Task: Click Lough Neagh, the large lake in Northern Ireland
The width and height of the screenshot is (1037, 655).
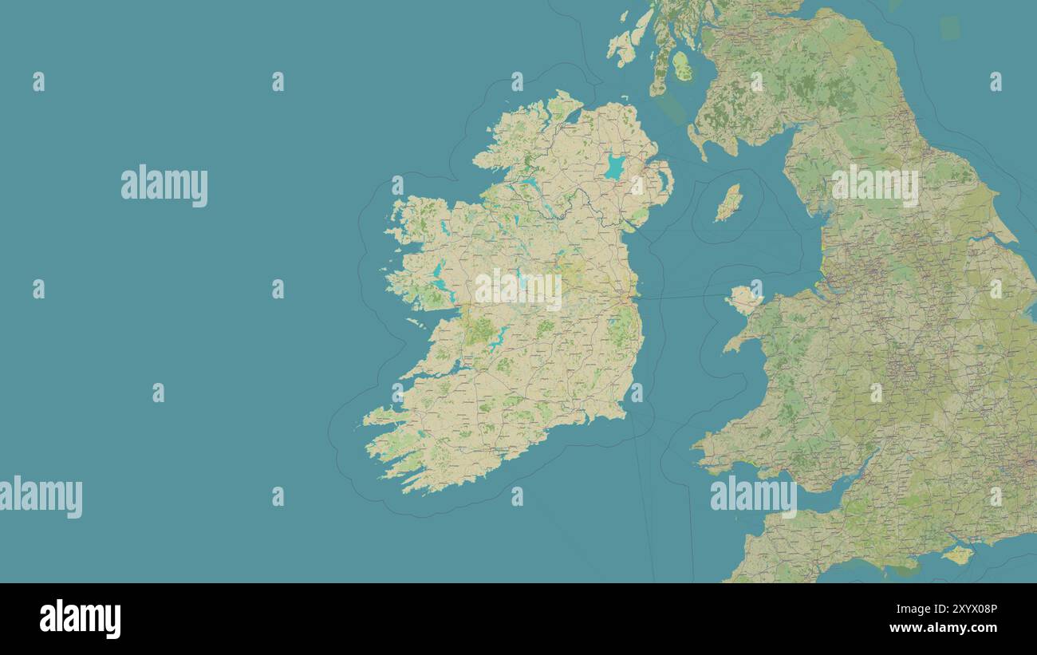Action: [614, 167]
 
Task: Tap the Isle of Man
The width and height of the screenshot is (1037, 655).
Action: [727, 203]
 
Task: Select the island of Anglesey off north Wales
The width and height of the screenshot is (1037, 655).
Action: [743, 299]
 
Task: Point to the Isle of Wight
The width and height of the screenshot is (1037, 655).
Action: [957, 554]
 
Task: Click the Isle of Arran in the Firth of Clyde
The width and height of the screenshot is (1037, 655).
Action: [681, 66]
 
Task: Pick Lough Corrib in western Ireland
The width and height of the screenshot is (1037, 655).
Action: [440, 275]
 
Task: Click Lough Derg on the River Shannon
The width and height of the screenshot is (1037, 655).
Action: [496, 338]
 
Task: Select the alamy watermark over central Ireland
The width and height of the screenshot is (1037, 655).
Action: [518, 289]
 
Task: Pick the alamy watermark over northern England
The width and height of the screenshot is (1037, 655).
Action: [875, 185]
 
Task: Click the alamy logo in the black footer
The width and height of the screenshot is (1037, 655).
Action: [80, 619]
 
